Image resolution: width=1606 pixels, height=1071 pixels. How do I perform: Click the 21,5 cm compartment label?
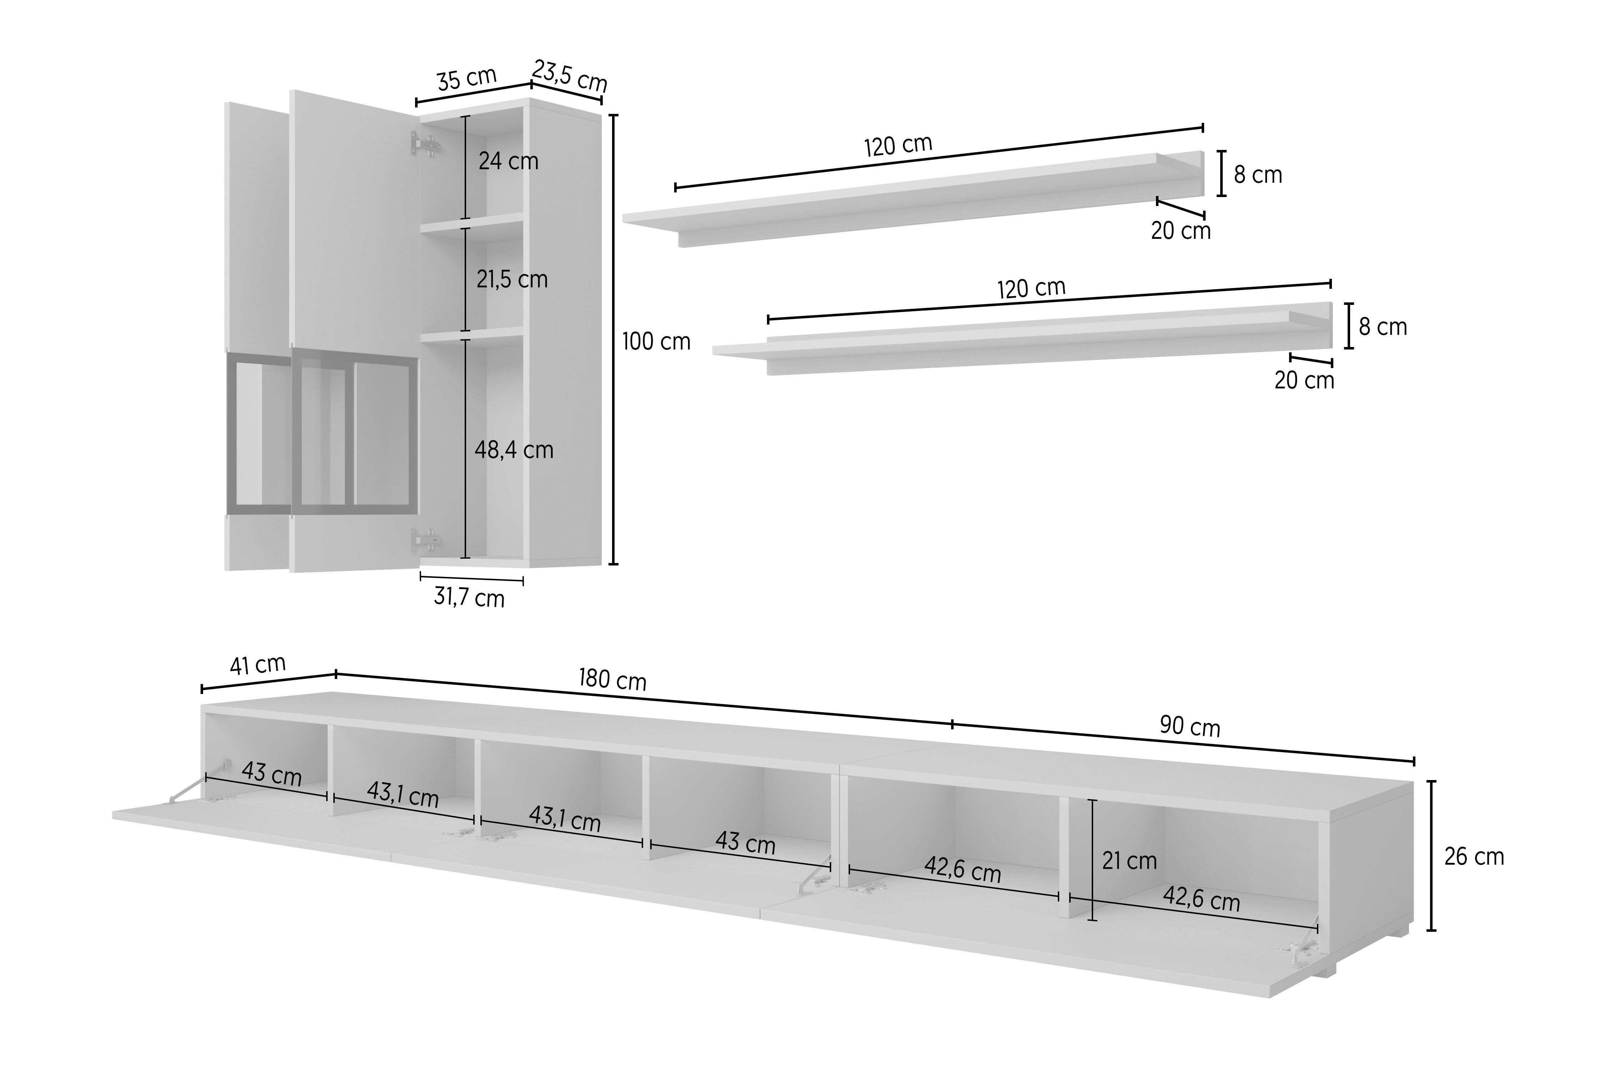tap(512, 280)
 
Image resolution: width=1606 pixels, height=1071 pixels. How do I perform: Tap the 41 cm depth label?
tap(257, 665)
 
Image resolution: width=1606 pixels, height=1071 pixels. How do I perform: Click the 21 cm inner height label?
tap(1130, 861)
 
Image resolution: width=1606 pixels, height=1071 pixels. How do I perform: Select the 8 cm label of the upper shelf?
tap(1258, 175)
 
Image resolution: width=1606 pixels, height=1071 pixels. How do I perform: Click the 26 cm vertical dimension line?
tap(1432, 856)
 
